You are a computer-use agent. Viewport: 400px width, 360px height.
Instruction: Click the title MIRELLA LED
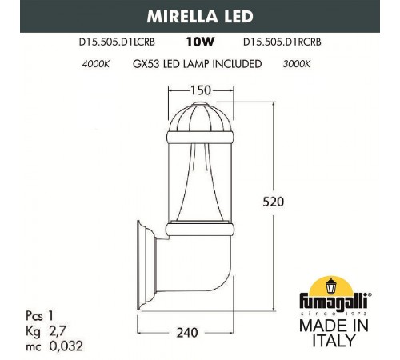tap(200, 16)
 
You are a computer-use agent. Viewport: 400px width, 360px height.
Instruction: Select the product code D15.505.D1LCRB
tap(117, 42)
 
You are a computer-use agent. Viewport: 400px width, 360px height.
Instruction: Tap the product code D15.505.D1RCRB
tap(282, 42)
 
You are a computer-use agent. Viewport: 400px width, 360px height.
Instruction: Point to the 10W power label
tap(200, 42)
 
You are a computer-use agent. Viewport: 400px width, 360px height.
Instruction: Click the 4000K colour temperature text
tap(96, 64)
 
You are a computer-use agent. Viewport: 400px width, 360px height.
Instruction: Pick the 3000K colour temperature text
tap(297, 64)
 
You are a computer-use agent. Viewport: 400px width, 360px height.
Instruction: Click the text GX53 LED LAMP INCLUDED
tap(197, 64)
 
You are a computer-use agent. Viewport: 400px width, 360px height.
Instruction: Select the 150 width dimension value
tap(201, 90)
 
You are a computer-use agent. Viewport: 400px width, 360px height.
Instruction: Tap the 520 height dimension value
tap(274, 202)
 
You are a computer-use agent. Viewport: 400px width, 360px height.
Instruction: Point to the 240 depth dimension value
tap(187, 333)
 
